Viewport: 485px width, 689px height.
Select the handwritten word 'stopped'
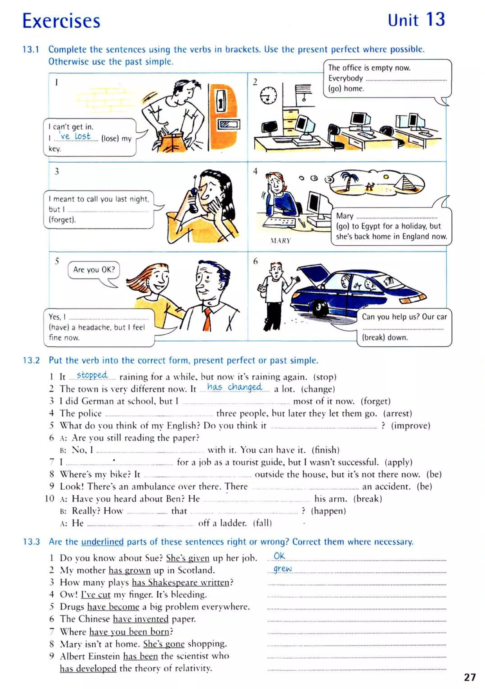[92, 375]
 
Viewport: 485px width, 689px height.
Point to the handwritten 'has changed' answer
[234, 387]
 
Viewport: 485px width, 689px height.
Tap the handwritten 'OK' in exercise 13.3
[279, 556]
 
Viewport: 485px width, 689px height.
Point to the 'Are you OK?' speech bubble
[94, 270]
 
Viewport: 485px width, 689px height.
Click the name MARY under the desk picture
[280, 241]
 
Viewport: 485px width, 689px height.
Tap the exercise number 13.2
[31, 360]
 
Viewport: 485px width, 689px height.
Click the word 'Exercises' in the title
[61, 21]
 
